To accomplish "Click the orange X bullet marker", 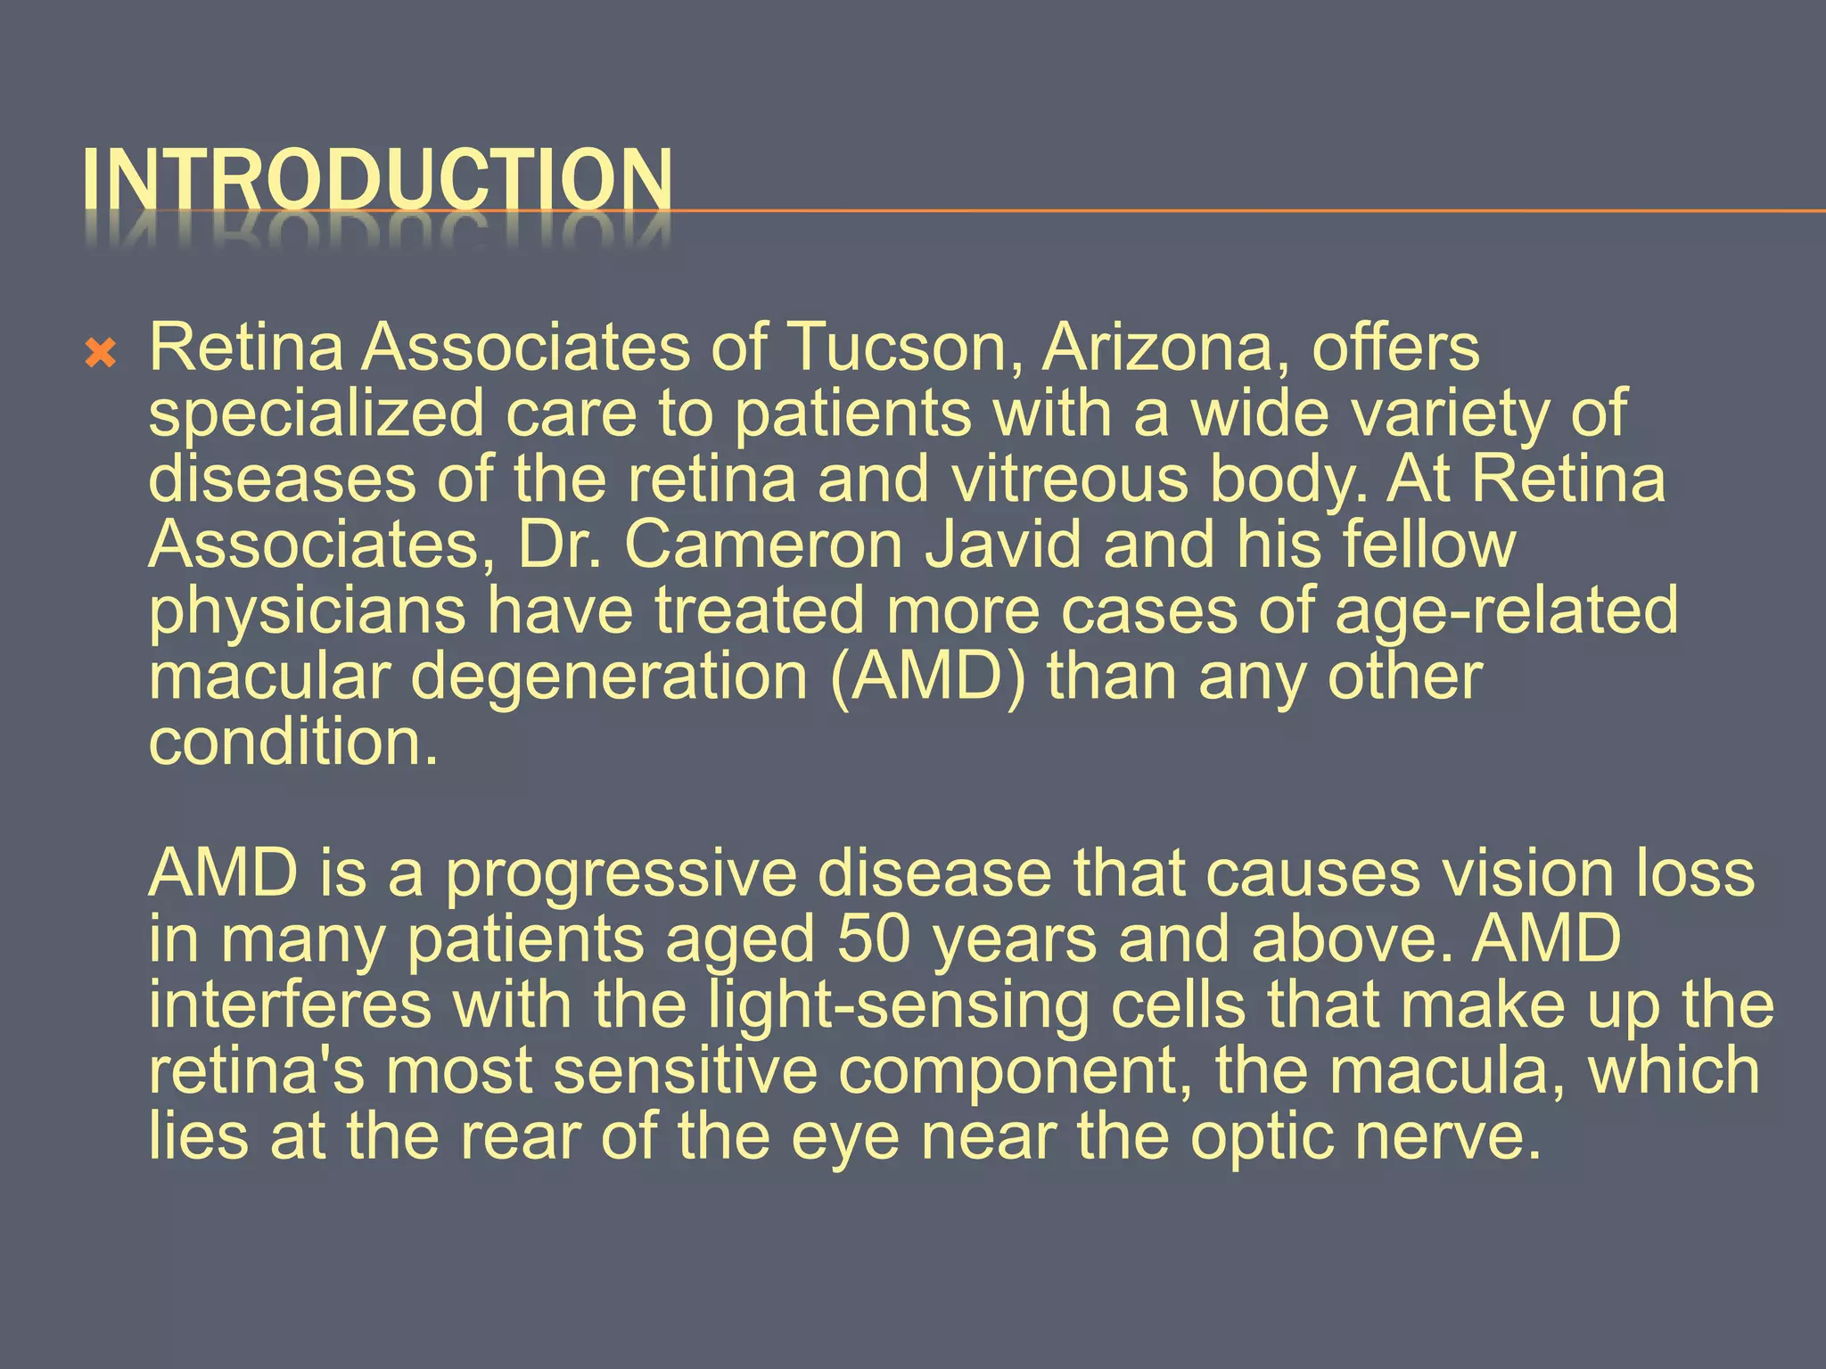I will (x=101, y=355).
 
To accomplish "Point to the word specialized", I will (x=316, y=414).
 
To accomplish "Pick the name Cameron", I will (x=763, y=545).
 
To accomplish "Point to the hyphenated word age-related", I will (x=1506, y=611).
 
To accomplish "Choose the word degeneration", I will (x=608, y=676).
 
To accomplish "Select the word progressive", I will (x=621, y=874).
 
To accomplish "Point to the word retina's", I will (x=257, y=1071).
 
